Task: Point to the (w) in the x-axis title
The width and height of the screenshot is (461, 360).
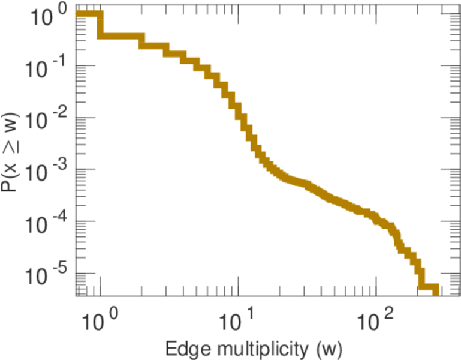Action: coord(327,349)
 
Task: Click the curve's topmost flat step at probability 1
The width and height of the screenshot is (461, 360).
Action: coord(89,14)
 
